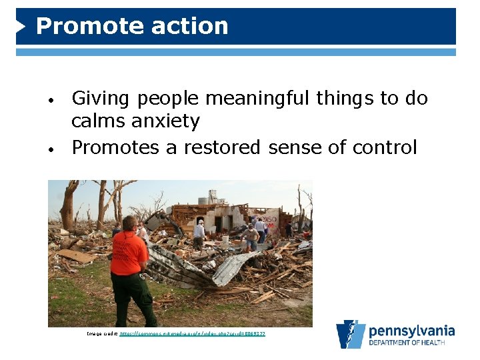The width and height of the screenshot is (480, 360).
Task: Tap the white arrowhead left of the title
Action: coord(21,26)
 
